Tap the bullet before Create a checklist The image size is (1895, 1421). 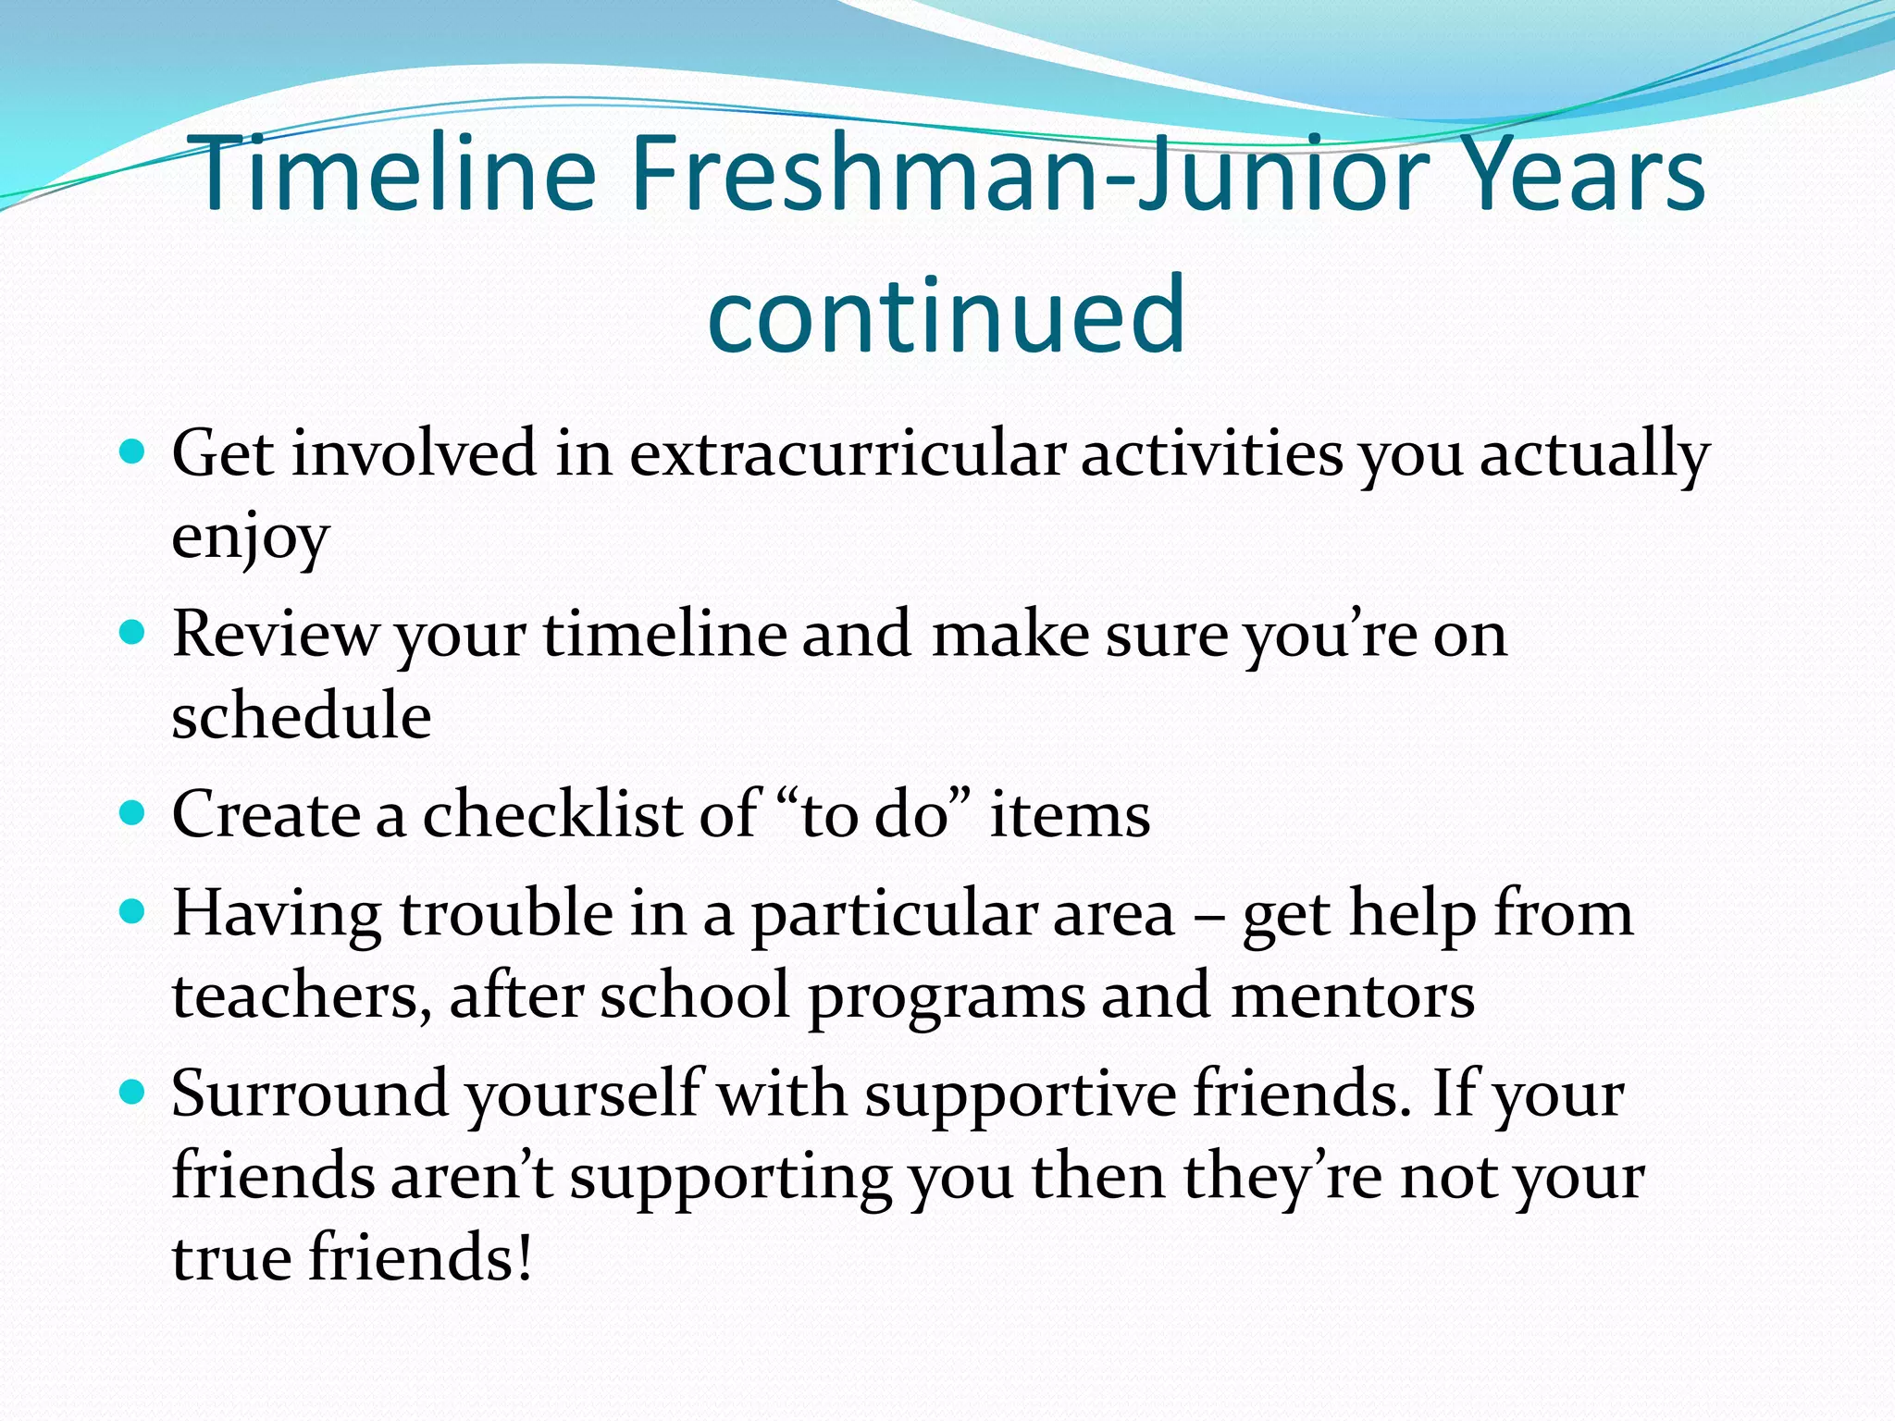coord(133,813)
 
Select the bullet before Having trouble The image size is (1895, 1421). coord(133,912)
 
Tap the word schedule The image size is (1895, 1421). coord(302,716)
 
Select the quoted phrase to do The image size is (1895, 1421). coord(875,814)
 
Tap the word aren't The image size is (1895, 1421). coord(471,1177)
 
